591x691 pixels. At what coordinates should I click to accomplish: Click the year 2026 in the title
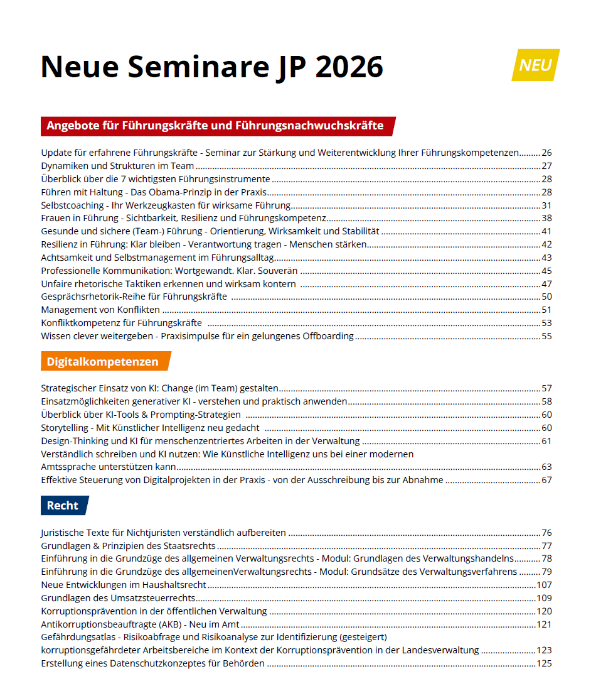coord(349,67)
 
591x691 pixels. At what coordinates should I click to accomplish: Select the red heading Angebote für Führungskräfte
coord(215,126)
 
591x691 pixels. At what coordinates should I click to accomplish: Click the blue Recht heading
coord(63,506)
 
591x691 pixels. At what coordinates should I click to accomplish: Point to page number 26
coord(546,153)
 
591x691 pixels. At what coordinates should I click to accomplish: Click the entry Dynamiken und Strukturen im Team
coord(117,166)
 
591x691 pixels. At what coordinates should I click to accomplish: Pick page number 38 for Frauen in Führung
coord(546,218)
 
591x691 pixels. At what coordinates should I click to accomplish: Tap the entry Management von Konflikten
coord(100,310)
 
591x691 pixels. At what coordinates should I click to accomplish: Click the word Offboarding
coord(329,336)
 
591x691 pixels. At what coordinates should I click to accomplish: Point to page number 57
coord(546,388)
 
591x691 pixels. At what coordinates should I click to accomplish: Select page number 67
coord(546,480)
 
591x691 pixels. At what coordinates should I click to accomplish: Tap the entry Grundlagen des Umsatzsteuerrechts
coord(118,597)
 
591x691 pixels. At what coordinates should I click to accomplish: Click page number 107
coord(544,584)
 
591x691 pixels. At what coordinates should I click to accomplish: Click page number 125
coord(544,663)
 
